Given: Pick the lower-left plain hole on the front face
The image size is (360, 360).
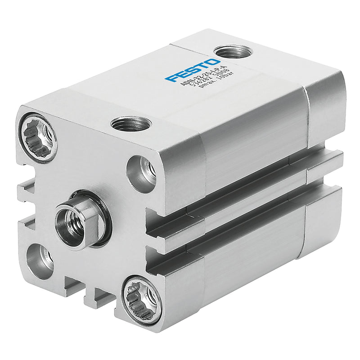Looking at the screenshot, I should (x=39, y=261).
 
